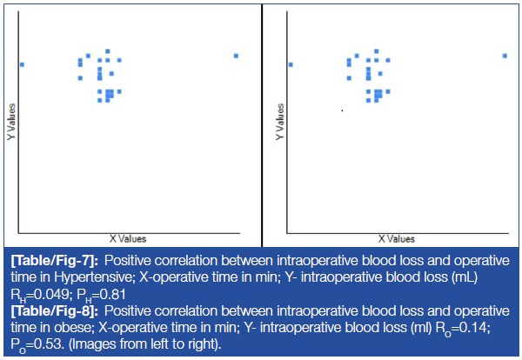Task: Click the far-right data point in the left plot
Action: [x=236, y=56]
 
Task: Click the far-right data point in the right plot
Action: [x=505, y=56]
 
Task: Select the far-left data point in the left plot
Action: [x=22, y=64]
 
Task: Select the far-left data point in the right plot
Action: [x=291, y=64]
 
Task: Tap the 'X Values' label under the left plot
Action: [x=127, y=238]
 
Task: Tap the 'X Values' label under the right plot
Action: [x=396, y=238]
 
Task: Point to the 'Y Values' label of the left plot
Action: [x=10, y=123]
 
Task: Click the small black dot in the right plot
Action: [x=342, y=110]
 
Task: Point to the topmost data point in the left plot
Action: [x=108, y=51]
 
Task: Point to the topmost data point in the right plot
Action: [x=377, y=51]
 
